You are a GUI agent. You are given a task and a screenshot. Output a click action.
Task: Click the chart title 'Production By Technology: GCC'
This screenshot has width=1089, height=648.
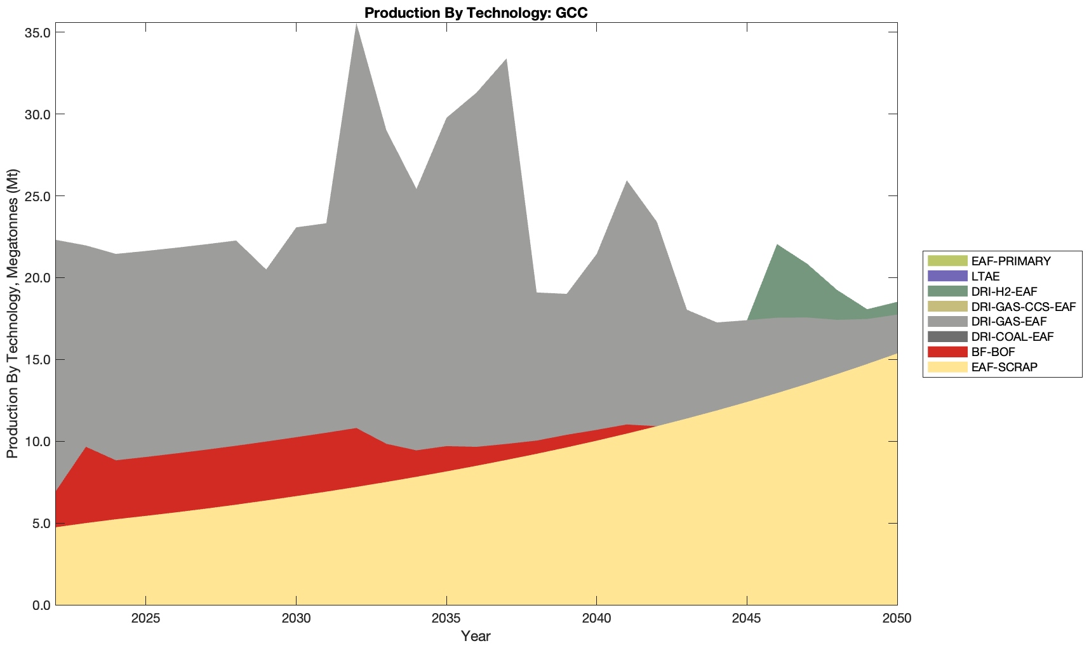pos(476,13)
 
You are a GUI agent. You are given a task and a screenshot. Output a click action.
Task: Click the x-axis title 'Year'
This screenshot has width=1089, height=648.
pos(476,636)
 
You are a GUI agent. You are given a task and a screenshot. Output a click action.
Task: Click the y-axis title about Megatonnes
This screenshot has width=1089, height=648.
pos(12,314)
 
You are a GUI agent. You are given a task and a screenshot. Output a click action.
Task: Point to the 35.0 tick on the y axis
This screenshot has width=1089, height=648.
pos(37,32)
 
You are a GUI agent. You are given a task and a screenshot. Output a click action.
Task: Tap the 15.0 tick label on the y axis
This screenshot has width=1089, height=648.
pos(37,360)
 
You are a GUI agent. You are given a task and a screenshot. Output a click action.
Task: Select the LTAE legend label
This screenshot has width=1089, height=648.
pos(985,276)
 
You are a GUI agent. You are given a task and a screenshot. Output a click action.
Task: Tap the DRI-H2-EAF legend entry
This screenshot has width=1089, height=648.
pos(1004,291)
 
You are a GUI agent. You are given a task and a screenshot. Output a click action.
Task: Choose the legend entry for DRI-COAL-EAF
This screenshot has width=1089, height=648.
pos(1012,336)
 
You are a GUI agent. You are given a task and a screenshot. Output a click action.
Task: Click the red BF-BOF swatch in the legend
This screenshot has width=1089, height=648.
pos(947,352)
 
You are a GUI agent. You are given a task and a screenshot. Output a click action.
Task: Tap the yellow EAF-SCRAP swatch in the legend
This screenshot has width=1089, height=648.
pos(947,367)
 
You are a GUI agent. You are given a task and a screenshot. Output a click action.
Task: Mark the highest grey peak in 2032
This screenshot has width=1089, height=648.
pos(356,25)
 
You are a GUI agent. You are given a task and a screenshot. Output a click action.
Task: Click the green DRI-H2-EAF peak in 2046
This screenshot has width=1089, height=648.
pos(777,246)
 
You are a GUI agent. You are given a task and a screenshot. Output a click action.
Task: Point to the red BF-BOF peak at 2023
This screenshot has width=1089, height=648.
pos(86,448)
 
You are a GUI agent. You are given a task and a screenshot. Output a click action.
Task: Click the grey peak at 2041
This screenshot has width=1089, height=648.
pos(627,182)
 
